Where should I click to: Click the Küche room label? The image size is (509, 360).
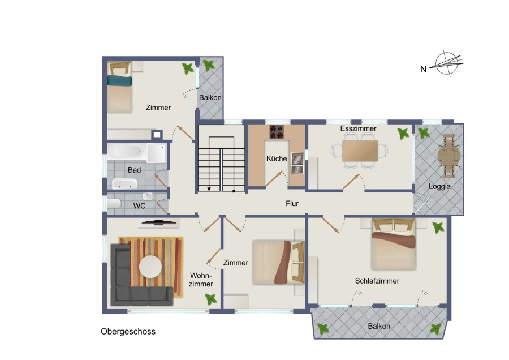277,158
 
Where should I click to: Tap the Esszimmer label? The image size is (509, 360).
358,128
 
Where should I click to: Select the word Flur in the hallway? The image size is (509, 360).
292,203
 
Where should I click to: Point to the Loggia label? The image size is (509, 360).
439,186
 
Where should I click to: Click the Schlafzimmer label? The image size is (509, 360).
377,281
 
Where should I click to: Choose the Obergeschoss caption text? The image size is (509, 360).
128,331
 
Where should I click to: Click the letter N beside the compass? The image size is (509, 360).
423,69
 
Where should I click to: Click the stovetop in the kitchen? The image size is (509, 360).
276,132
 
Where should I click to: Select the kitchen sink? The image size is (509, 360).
297,163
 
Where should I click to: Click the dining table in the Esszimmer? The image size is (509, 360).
360,151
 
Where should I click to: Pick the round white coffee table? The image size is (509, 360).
150,267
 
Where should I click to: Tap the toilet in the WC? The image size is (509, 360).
114,204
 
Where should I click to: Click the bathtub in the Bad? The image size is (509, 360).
127,151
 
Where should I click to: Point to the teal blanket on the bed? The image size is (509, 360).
119,81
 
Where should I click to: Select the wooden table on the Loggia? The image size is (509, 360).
449,156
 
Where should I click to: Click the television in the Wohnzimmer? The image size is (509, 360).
159,222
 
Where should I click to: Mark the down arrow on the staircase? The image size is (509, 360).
209,188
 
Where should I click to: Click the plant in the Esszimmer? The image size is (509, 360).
403,134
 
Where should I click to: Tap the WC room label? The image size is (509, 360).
139,206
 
